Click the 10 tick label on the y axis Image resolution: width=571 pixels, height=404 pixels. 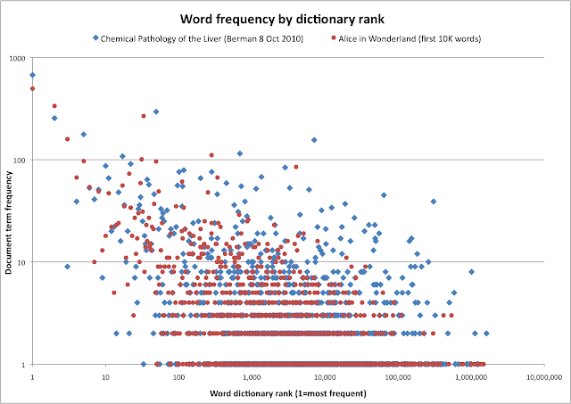pos(21,262)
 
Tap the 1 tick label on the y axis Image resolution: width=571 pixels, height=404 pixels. pos(24,364)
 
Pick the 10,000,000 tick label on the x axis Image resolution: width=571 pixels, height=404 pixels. pos(542,376)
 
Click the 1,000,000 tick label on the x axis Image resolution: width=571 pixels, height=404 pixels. pos(471,376)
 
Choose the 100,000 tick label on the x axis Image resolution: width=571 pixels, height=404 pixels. pos(398,376)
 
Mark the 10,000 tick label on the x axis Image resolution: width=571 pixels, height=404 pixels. pos(325,376)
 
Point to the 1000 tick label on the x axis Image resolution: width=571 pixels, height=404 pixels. pos(252,376)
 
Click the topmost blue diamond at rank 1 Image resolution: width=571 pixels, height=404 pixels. pos(32,75)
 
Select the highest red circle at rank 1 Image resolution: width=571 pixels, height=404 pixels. pos(32,88)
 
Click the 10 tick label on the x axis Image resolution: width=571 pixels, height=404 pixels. pos(105,376)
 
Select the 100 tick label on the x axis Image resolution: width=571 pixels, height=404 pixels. pos(178,376)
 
